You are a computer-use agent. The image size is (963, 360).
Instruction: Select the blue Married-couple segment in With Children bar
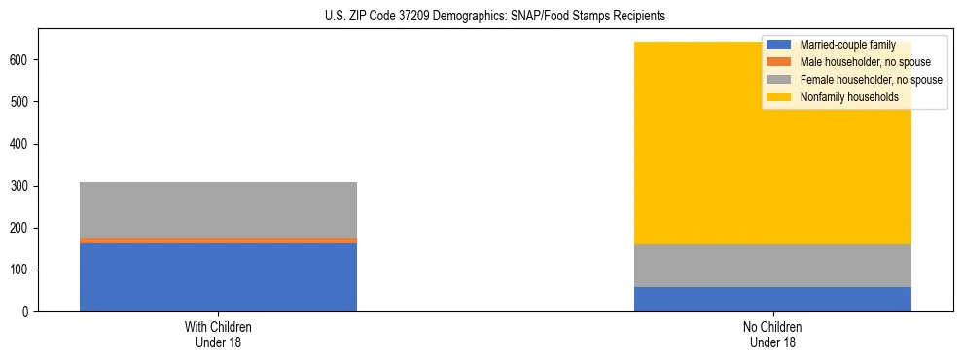[x=218, y=277]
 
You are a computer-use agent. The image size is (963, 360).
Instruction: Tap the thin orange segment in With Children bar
[x=218, y=240]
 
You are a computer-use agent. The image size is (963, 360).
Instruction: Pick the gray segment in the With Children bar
[x=218, y=209]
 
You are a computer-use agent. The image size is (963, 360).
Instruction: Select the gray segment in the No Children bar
[x=772, y=266]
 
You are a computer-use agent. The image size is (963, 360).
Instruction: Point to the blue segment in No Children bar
[x=772, y=299]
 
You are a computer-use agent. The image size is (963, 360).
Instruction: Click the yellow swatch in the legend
[x=779, y=97]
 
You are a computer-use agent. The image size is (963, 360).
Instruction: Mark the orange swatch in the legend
[x=779, y=62]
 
